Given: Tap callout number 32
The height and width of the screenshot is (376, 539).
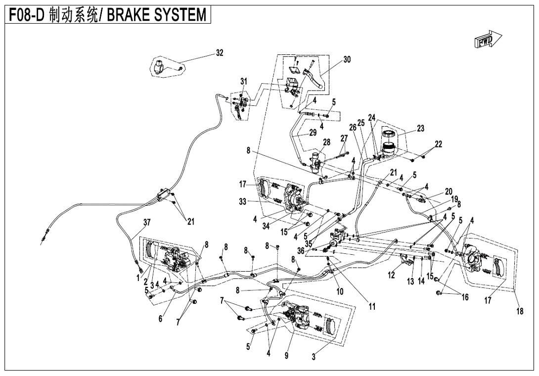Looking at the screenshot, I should [220, 53].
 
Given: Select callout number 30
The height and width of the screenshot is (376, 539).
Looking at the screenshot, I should [347, 59].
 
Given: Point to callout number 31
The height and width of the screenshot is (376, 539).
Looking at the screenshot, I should [243, 81].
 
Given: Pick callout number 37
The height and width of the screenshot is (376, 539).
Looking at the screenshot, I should [147, 222].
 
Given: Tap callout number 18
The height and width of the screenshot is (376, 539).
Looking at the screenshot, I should [520, 311].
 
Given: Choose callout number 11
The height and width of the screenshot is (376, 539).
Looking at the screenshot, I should [372, 307].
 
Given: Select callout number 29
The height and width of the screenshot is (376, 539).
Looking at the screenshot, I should [313, 133].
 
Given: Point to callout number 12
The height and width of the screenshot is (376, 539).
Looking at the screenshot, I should [392, 276].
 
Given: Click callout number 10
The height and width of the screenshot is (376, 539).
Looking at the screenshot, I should [340, 291].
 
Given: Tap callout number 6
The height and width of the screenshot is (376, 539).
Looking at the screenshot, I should [161, 319].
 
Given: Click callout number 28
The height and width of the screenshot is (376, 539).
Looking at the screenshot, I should [326, 142].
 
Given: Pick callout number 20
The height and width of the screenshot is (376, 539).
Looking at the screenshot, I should [449, 191].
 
